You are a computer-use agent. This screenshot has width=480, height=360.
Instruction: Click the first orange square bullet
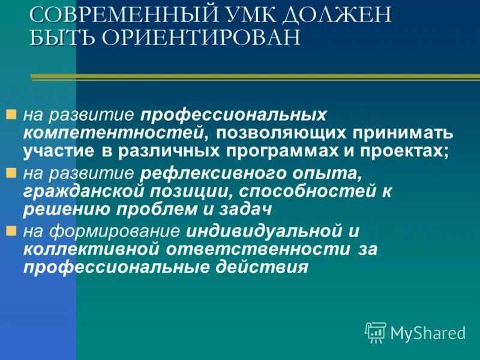[x=10, y=113]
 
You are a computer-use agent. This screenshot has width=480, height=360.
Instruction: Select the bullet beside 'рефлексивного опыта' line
[x=10, y=172]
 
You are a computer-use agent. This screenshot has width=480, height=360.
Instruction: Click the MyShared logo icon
[x=376, y=332]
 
